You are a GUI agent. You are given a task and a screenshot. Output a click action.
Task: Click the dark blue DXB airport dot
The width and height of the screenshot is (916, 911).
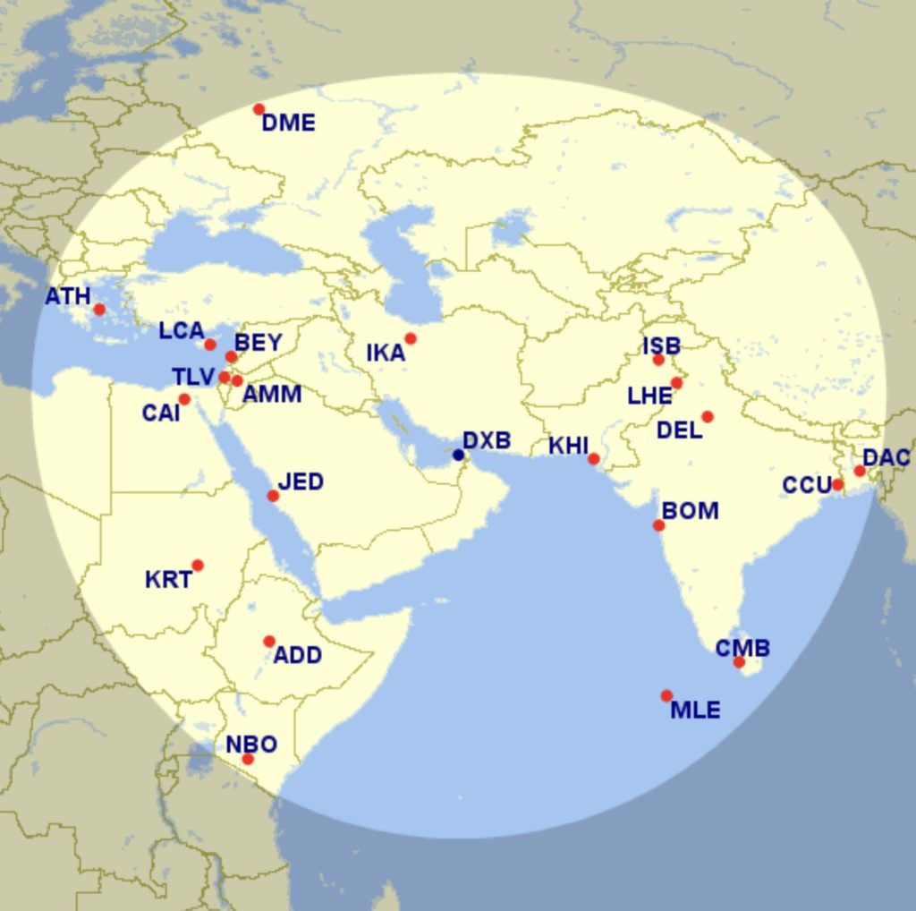[x=459, y=455]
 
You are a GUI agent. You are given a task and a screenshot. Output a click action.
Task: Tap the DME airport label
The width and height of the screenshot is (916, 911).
[x=288, y=123]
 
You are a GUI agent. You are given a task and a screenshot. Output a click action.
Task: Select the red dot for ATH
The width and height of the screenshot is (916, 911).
[x=99, y=310]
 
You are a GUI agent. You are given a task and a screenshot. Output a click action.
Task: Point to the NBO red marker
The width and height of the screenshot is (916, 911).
[x=248, y=759]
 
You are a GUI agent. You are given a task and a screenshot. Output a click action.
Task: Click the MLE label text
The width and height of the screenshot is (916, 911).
[x=695, y=711]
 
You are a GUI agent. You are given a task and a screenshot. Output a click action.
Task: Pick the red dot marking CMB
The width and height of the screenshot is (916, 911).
[x=739, y=662]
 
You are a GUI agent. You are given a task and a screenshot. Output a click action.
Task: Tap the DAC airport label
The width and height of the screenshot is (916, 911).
[x=886, y=458]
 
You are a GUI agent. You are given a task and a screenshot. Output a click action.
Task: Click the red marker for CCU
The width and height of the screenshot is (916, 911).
[x=837, y=484]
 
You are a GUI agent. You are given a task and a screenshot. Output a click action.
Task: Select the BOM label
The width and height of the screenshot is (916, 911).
[x=690, y=511]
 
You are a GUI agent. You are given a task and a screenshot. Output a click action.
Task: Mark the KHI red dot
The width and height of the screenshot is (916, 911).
[x=593, y=459]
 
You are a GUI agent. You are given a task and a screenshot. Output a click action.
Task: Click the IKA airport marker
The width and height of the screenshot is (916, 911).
[x=411, y=338]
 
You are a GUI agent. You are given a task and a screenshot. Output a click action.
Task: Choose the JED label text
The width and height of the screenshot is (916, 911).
[x=301, y=482]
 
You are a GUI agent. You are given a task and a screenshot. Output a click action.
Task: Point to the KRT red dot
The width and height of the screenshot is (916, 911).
[x=198, y=565]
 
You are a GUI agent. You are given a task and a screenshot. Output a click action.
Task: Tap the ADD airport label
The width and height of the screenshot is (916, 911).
[x=297, y=656]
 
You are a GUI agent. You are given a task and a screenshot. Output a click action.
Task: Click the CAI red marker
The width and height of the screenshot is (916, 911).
[x=184, y=399]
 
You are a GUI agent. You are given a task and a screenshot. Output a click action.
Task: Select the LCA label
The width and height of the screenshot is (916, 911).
[x=182, y=331]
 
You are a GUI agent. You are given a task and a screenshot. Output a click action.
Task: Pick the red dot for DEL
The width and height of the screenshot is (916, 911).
[x=708, y=416]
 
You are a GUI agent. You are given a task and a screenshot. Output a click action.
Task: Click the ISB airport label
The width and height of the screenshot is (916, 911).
[x=661, y=345]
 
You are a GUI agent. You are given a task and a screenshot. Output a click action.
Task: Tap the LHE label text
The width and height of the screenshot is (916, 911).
[x=649, y=396]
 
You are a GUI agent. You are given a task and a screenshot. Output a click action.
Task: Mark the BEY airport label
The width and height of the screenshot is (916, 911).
[x=259, y=343]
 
